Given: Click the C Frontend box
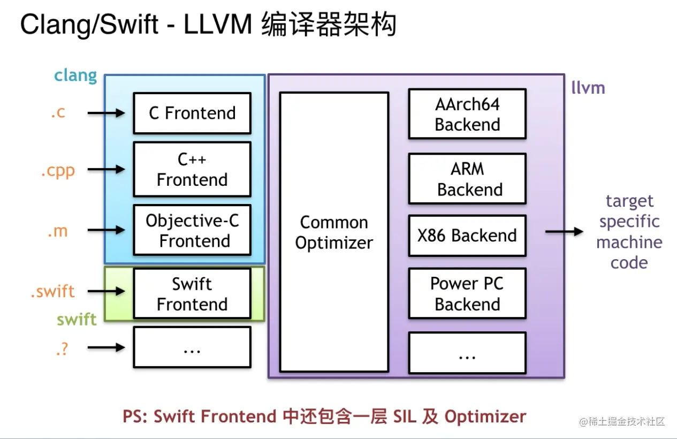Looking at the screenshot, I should point(192,113).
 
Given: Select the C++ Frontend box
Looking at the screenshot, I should point(192,169).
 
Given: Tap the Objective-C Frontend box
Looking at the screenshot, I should point(192,230).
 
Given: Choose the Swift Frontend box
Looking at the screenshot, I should point(192,293).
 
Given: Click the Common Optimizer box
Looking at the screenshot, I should point(333,232).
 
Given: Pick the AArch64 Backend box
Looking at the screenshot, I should point(467,114).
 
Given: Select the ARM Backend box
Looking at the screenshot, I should point(467,179).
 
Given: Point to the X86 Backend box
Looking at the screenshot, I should point(467,236).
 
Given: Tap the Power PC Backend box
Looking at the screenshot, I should point(467,293).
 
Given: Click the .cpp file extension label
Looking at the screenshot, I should point(58,171).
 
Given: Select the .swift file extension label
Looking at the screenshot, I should point(52,292).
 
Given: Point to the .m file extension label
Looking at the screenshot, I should point(58,231).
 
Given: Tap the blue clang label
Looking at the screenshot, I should point(75,75).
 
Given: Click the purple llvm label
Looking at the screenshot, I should point(588,88).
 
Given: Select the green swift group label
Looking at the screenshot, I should point(77,320).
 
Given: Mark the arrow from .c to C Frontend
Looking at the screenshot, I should point(106,113).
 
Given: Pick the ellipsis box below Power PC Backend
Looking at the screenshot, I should point(467,353).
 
